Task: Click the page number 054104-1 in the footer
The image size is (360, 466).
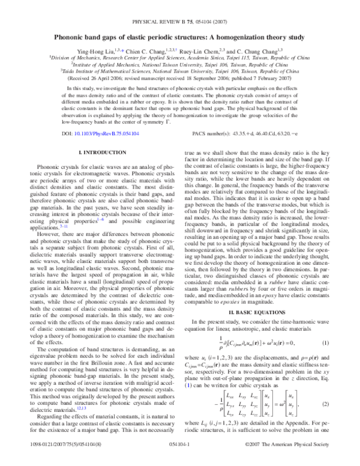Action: click(x=179, y=456)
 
